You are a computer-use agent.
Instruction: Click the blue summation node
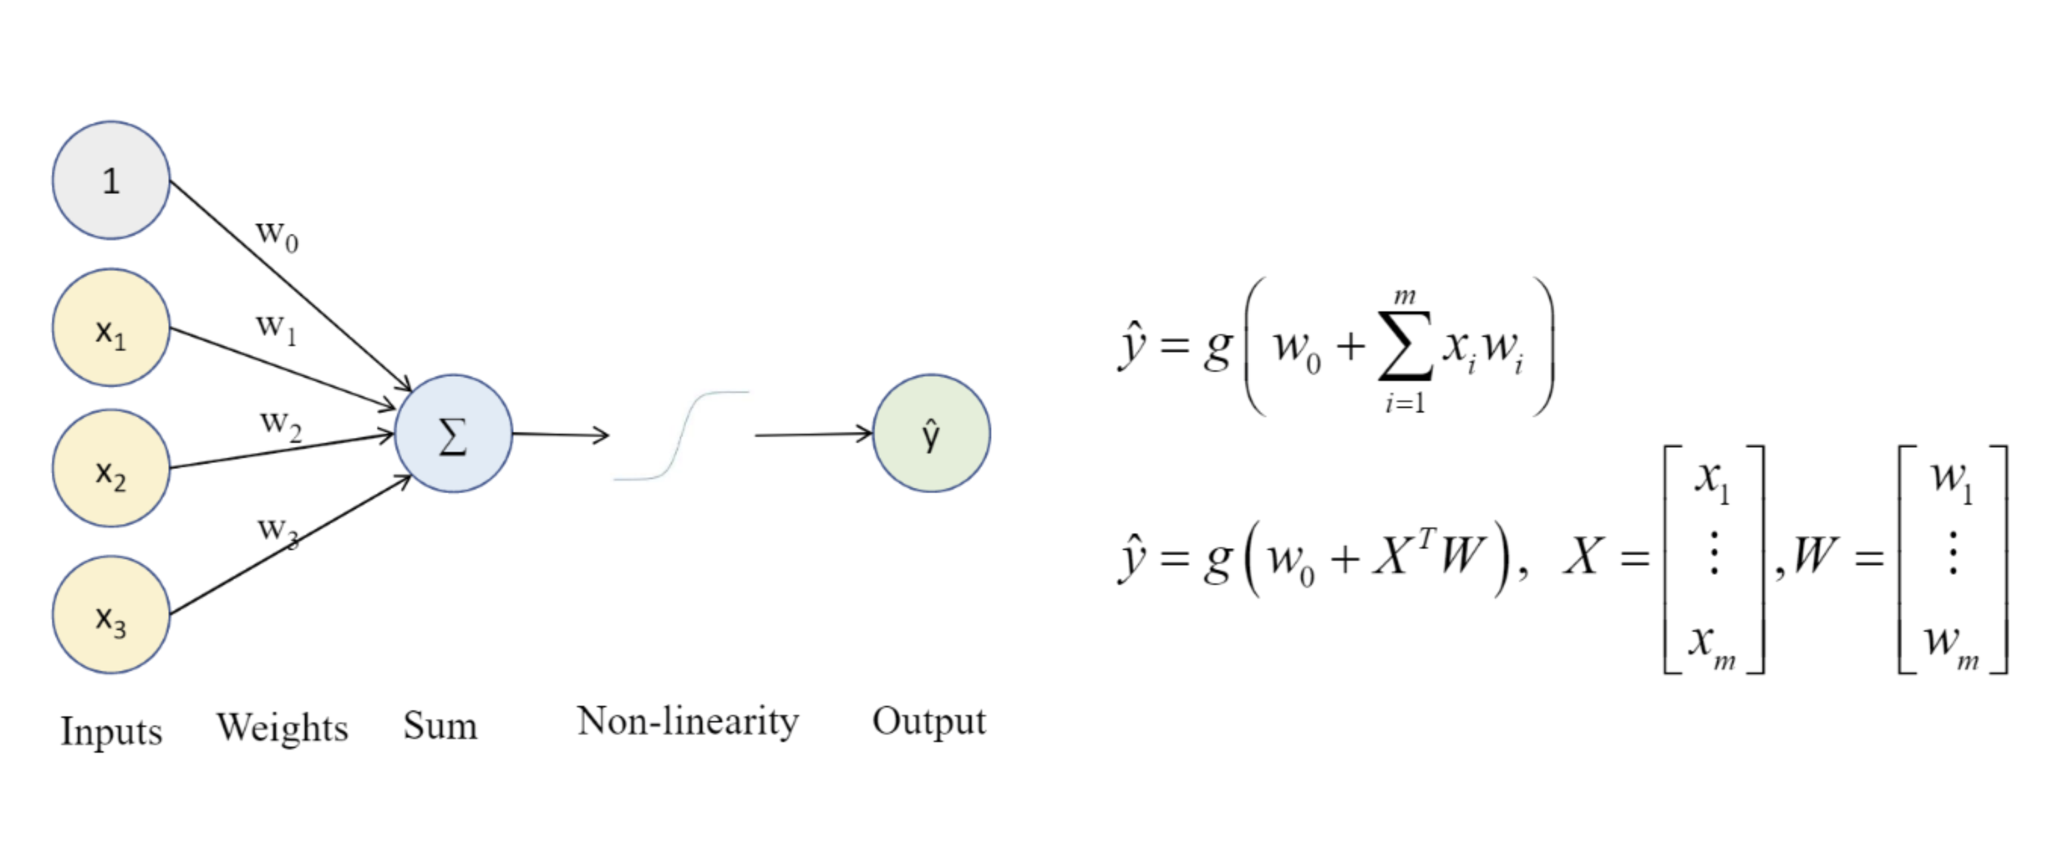tap(453, 435)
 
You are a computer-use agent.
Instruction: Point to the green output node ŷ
tap(931, 434)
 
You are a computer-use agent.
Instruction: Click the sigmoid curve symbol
tap(681, 435)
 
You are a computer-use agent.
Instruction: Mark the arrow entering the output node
tap(813, 435)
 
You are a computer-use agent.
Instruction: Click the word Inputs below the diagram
tap(112, 731)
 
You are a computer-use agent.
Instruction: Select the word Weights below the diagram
tap(283, 728)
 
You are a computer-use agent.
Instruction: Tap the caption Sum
tap(440, 726)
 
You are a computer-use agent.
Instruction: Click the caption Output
tap(928, 721)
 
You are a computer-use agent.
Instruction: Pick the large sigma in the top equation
tap(1405, 347)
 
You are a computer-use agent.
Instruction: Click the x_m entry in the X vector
tap(1712, 643)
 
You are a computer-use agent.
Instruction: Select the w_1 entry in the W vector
tap(1951, 479)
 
